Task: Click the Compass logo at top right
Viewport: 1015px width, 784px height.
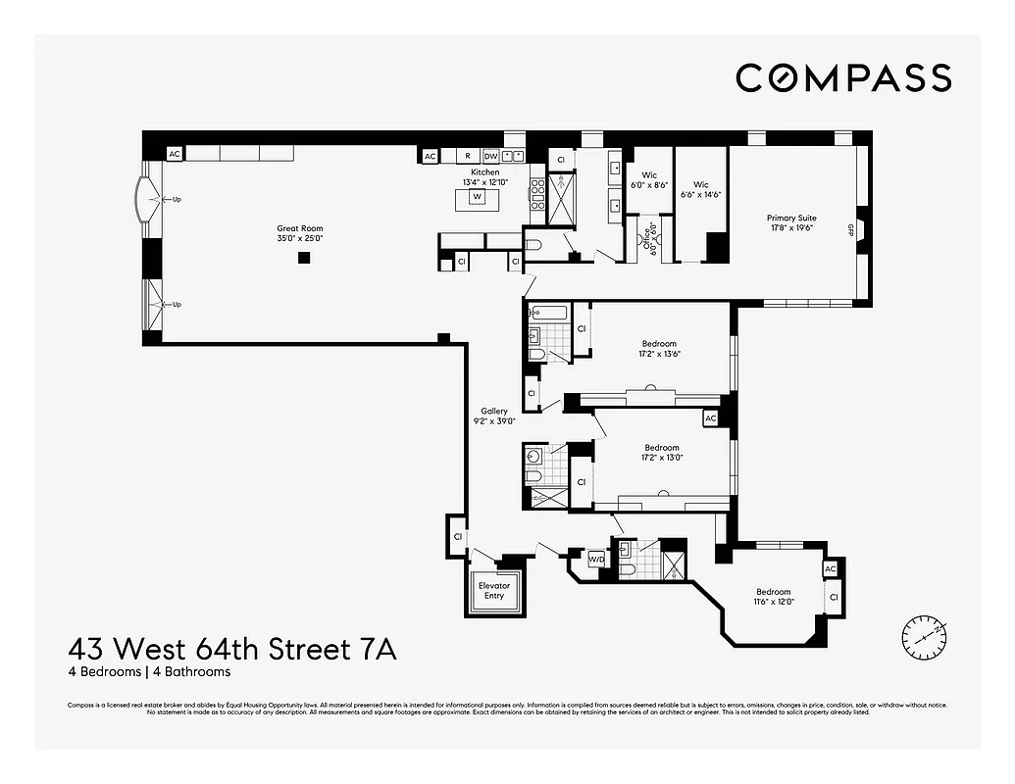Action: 843,77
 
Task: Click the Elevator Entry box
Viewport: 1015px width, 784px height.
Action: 493,591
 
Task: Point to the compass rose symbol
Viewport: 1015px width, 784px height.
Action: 925,637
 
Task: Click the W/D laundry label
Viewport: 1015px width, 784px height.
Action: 596,560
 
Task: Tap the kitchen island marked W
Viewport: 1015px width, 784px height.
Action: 478,197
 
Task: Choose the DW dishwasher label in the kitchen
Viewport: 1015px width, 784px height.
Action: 490,156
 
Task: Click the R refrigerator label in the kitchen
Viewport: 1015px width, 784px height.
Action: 468,156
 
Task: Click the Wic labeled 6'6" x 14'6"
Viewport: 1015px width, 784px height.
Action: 700,189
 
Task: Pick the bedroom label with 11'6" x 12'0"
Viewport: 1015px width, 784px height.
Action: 773,597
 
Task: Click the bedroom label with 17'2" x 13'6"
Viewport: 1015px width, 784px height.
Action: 659,349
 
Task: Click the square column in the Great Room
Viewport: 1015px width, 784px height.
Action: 304,258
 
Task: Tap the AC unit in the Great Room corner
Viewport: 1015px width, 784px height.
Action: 175,154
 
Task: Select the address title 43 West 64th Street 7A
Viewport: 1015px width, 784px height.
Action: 232,649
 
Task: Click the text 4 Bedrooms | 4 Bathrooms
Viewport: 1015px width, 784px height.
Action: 149,672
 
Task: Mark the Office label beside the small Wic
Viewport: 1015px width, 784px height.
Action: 648,241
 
